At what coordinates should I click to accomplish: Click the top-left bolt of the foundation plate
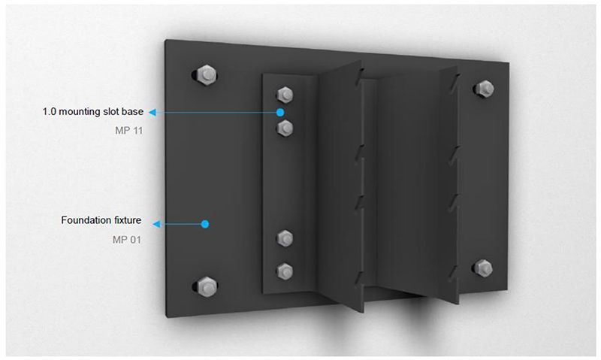pyautogui.click(x=207, y=75)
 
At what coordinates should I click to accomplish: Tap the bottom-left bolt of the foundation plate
pyautogui.click(x=207, y=287)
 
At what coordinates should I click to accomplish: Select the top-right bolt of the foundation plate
pyautogui.click(x=485, y=89)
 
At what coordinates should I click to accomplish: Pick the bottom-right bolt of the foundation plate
pyautogui.click(x=484, y=268)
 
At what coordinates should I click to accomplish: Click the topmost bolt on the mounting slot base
pyautogui.click(x=285, y=95)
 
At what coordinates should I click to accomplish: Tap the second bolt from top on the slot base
pyautogui.click(x=285, y=128)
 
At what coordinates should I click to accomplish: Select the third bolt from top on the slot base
pyautogui.click(x=285, y=238)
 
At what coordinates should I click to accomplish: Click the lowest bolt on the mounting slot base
pyautogui.click(x=285, y=271)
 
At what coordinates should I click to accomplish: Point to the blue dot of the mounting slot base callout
pyautogui.click(x=280, y=112)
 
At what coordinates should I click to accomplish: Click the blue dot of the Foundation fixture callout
pyautogui.click(x=205, y=224)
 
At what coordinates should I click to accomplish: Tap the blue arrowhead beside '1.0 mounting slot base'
pyautogui.click(x=153, y=112)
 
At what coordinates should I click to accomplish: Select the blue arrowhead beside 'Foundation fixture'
pyautogui.click(x=156, y=224)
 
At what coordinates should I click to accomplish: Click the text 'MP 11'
pyautogui.click(x=128, y=130)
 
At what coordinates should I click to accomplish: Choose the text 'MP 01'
pyautogui.click(x=127, y=240)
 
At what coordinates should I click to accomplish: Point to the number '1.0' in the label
pyautogui.click(x=49, y=111)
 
